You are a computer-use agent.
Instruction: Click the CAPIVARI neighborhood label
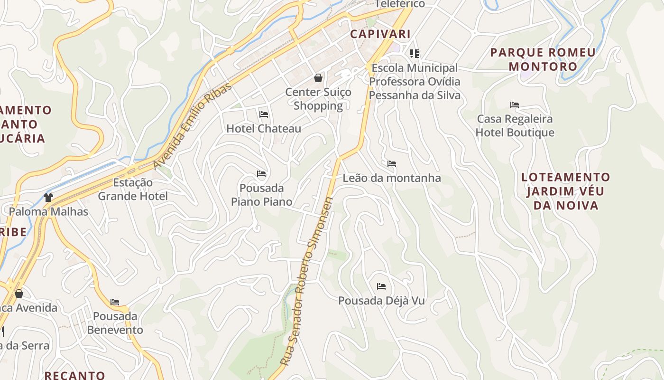pyautogui.click(x=380, y=34)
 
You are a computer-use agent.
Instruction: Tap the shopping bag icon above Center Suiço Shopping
pyautogui.click(x=318, y=78)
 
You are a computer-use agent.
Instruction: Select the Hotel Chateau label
pyautogui.click(x=264, y=128)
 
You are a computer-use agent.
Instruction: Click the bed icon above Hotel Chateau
pyautogui.click(x=264, y=114)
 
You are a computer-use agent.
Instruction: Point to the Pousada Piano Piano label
pyautogui.click(x=261, y=194)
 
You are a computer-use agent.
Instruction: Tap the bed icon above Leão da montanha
pyautogui.click(x=392, y=164)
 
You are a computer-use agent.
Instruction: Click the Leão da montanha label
pyautogui.click(x=392, y=178)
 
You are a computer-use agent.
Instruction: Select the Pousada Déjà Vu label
pyautogui.click(x=381, y=301)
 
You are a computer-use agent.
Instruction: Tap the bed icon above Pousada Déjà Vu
pyautogui.click(x=381, y=286)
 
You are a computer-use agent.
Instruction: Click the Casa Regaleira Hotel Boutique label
pyautogui.click(x=515, y=125)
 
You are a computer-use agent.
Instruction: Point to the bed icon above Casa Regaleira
pyautogui.click(x=515, y=105)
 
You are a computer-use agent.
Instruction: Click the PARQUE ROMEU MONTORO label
pyautogui.click(x=543, y=59)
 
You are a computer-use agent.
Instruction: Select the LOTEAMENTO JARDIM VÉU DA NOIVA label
pyautogui.click(x=566, y=191)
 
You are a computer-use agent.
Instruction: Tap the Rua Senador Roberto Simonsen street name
pyautogui.click(x=308, y=280)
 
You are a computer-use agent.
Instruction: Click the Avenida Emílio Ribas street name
pyautogui.click(x=193, y=125)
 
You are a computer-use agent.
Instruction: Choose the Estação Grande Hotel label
pyautogui.click(x=133, y=189)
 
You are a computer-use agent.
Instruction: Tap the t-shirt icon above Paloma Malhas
pyautogui.click(x=48, y=197)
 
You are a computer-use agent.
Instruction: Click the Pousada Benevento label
pyautogui.click(x=115, y=323)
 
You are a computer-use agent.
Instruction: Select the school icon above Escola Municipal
pyautogui.click(x=415, y=54)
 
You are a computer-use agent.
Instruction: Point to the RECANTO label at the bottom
pyautogui.click(x=75, y=375)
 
